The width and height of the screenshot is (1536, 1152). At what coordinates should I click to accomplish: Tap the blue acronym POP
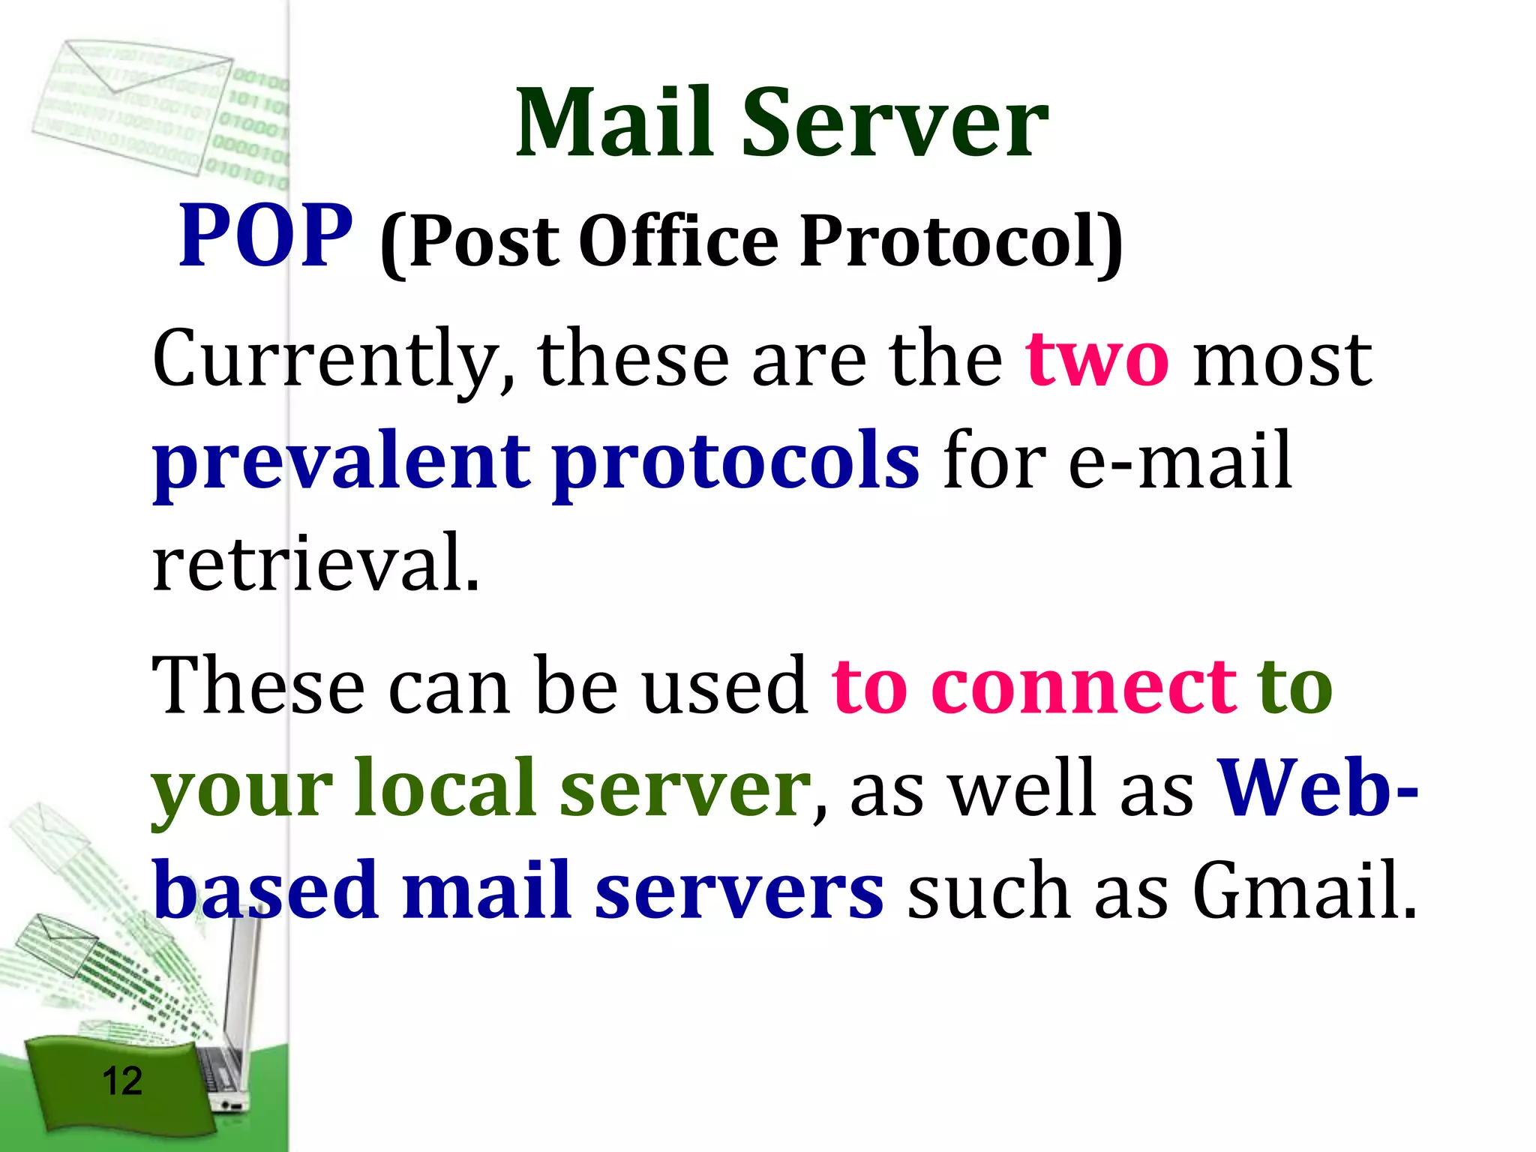tap(265, 236)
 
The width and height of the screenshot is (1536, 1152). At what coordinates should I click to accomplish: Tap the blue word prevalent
tap(341, 461)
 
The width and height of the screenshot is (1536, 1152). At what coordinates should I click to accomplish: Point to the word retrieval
tap(315, 562)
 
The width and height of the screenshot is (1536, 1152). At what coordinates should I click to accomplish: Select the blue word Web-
tap(1317, 787)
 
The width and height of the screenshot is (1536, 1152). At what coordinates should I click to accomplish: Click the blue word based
tap(266, 890)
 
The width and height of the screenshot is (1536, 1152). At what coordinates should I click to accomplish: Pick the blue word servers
tap(739, 890)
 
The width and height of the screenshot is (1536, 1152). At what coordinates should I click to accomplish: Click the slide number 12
tap(121, 1081)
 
